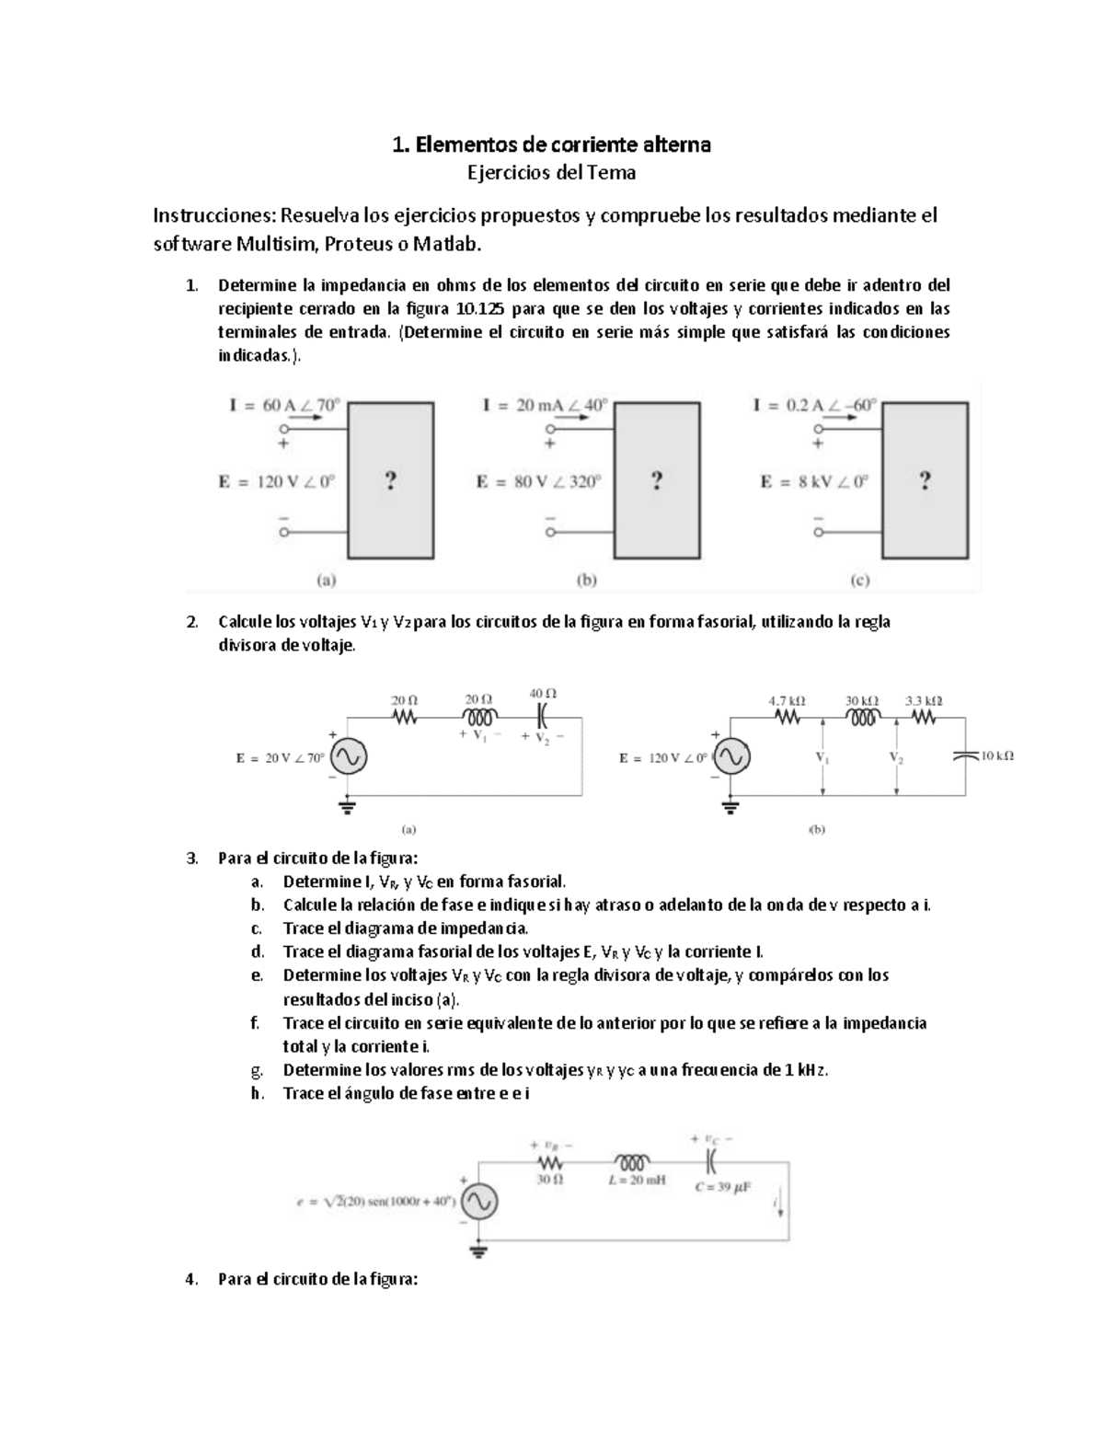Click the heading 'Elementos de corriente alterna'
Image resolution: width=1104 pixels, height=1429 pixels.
tap(562, 144)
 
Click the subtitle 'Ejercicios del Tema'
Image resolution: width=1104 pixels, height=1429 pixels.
tap(551, 173)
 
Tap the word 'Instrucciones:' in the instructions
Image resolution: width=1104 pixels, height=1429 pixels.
tap(213, 216)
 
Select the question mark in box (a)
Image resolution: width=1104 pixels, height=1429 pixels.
tap(391, 480)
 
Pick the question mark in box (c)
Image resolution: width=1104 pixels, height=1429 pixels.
tap(925, 480)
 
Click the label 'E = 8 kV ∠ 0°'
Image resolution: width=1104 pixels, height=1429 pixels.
tap(813, 481)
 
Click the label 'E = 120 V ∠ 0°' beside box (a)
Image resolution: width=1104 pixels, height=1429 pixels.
tap(276, 481)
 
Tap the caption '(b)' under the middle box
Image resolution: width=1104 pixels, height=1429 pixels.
tap(586, 581)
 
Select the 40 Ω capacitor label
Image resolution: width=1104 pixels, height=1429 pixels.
tap(543, 694)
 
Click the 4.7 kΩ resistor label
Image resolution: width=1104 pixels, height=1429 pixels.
tap(787, 701)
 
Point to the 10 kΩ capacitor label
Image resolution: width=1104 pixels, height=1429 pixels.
tap(996, 756)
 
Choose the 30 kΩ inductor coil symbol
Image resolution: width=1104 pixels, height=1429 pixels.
tap(863, 719)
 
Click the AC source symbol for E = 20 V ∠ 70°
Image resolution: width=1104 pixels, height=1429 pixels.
tap(350, 757)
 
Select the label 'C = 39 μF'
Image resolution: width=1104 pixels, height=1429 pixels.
tap(723, 1187)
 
